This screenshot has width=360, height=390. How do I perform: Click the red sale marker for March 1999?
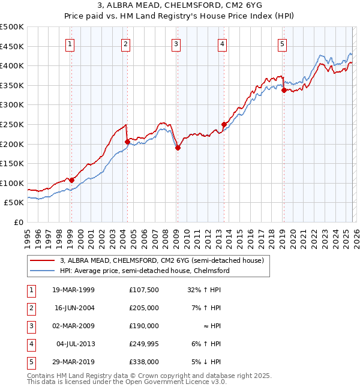[71, 180]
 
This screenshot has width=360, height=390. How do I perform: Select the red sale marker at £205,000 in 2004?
[127, 142]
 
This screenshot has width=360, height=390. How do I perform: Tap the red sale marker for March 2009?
[178, 148]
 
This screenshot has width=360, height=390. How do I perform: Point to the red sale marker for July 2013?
[224, 124]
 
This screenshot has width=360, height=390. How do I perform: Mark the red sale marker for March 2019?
[284, 90]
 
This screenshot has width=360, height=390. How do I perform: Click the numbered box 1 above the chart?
[70, 43]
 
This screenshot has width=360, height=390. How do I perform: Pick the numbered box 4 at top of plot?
[222, 43]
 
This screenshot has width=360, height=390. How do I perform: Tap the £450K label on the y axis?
[12, 46]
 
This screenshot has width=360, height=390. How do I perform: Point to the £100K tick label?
[12, 183]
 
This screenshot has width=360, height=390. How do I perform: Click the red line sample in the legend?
[43, 260]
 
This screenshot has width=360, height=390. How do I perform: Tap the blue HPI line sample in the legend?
[43, 271]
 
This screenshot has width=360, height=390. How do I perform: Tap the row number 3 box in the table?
[29, 326]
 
